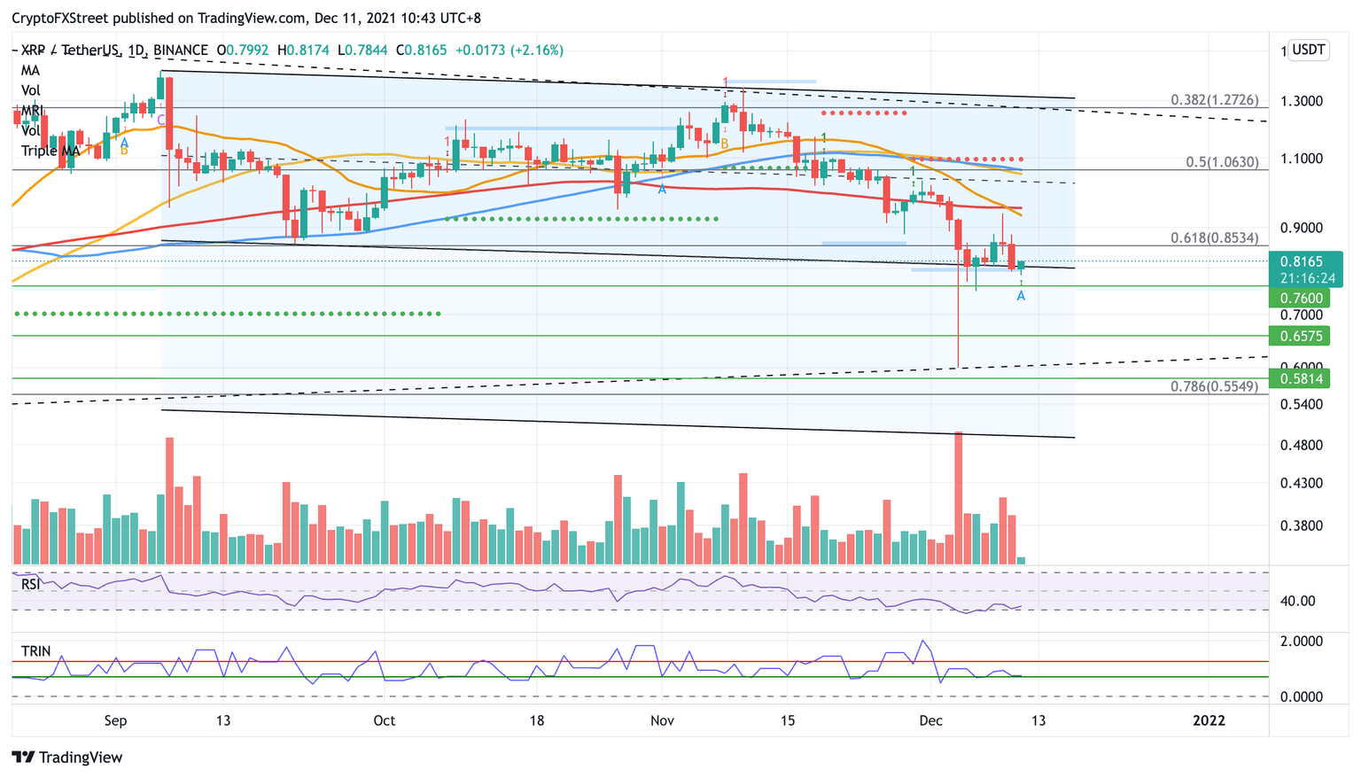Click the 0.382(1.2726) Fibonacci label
point(1214,100)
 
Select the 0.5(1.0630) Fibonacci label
point(1221,162)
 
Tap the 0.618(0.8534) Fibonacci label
point(1214,237)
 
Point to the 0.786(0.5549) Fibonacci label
point(1214,386)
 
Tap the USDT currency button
point(1309,50)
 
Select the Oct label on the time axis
point(384,720)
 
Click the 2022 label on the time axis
point(1209,720)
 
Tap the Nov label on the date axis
point(662,720)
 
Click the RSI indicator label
point(31,585)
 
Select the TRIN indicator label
point(36,651)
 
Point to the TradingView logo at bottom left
point(67,758)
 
